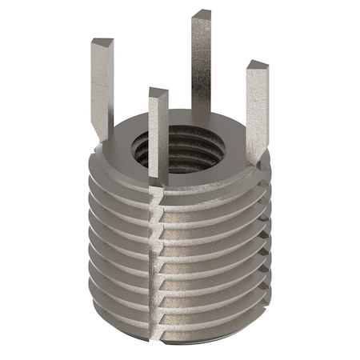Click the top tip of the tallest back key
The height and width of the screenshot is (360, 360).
(x=202, y=14)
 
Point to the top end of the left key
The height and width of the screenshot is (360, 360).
(x=102, y=42)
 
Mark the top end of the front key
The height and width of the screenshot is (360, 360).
(x=158, y=92)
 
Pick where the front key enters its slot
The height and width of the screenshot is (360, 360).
(x=158, y=182)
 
